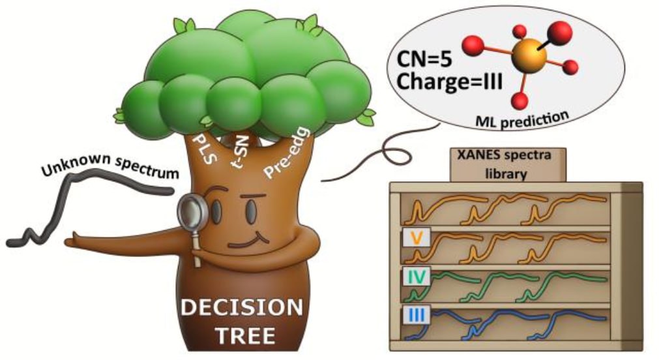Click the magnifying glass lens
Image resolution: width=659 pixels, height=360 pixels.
point(194,211)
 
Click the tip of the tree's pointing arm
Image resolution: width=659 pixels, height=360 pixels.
point(70,242)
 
